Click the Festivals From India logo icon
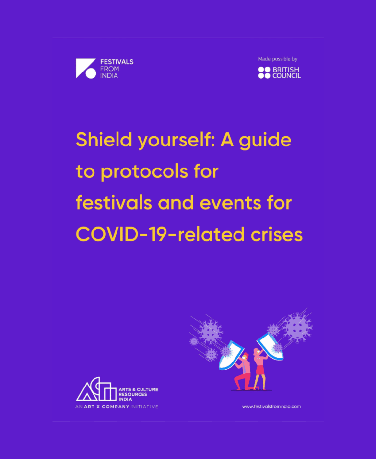tap(86, 69)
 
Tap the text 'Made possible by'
tap(278, 59)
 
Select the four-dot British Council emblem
tap(264, 73)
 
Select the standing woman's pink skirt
tap(259, 369)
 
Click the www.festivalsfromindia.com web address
tap(271, 406)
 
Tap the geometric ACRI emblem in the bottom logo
tap(96, 391)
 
